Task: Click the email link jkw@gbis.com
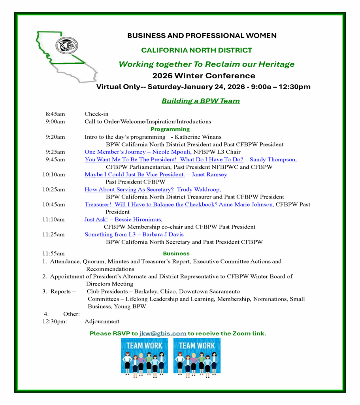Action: click(x=162, y=333)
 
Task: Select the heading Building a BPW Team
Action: click(x=200, y=101)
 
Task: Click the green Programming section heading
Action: click(x=170, y=129)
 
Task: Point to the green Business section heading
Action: click(x=176, y=253)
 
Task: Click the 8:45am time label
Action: click(x=55, y=114)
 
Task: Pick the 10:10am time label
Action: click(x=54, y=174)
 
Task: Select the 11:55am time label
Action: click(x=54, y=253)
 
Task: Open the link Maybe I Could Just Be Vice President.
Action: click(x=135, y=174)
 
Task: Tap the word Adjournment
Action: click(x=102, y=322)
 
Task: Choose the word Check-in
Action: click(x=96, y=114)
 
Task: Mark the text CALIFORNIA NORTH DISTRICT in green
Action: click(x=196, y=50)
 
